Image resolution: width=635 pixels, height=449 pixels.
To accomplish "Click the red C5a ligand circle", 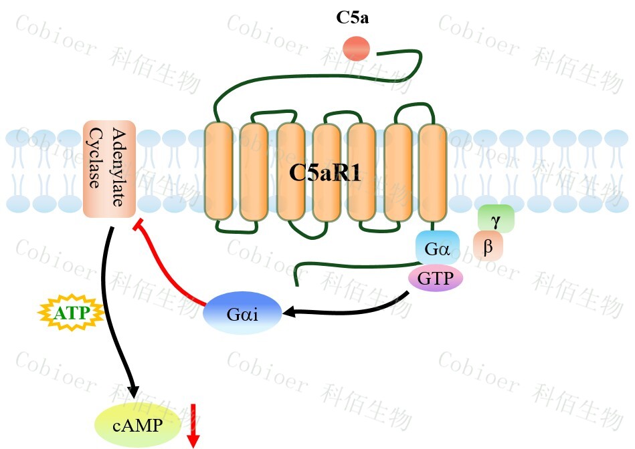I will click(356, 48).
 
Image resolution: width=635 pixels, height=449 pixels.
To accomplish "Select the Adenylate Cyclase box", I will click(109, 169).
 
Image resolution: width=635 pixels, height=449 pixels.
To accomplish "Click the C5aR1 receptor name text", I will click(325, 173).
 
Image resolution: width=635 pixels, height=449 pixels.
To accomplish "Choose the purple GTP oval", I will click(436, 279).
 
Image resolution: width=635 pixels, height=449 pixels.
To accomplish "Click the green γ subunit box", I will click(496, 218).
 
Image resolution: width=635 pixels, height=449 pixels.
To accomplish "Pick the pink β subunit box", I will click(488, 247).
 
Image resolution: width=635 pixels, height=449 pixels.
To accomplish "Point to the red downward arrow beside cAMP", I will click(193, 426).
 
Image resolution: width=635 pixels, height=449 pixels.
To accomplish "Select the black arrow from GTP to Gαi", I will click(348, 308).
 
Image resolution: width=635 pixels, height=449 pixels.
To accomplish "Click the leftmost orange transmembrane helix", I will click(218, 171).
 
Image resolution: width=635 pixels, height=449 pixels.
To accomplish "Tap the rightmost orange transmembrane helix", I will click(432, 171).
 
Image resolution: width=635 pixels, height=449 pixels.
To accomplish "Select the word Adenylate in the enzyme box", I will click(120, 168).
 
